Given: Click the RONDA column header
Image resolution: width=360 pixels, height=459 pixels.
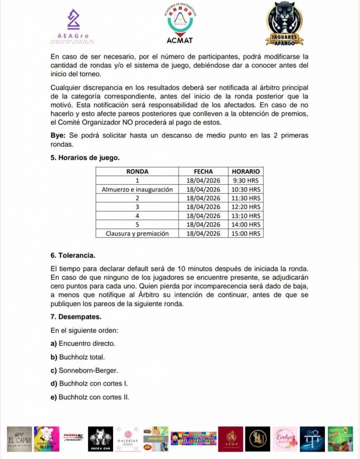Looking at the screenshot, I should [137, 171].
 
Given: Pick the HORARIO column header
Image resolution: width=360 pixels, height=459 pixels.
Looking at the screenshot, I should [246, 171].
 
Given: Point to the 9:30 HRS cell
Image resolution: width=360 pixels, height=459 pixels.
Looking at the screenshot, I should [246, 181].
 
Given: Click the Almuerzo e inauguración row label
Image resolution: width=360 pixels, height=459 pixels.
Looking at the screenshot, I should [137, 190].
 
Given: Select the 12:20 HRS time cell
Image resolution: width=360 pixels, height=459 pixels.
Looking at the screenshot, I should [246, 207].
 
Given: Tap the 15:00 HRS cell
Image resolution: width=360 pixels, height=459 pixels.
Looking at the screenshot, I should [246, 234].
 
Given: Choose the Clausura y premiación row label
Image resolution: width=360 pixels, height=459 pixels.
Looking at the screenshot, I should [137, 234].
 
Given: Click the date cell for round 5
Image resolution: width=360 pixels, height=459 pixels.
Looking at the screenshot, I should [203, 225].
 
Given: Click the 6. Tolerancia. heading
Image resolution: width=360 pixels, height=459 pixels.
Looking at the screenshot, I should [73, 255].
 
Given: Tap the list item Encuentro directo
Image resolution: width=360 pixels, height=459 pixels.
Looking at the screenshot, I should [83, 344].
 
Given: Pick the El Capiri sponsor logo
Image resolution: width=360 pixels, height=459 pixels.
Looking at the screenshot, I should [20, 438].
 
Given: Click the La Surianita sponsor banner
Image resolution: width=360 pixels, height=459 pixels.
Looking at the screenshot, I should [194, 438].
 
